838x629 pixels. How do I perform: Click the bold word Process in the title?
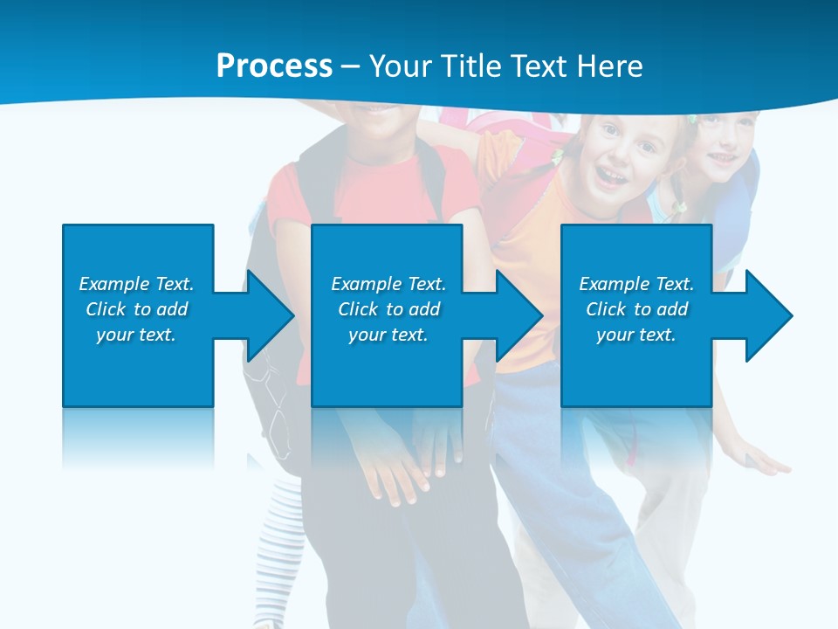click(x=274, y=66)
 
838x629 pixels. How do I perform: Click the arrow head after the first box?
click(x=270, y=315)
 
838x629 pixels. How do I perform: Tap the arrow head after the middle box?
click(x=519, y=315)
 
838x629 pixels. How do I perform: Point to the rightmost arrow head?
click(x=768, y=315)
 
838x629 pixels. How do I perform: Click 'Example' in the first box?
click(x=114, y=284)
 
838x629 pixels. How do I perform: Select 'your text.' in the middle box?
click(x=388, y=335)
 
